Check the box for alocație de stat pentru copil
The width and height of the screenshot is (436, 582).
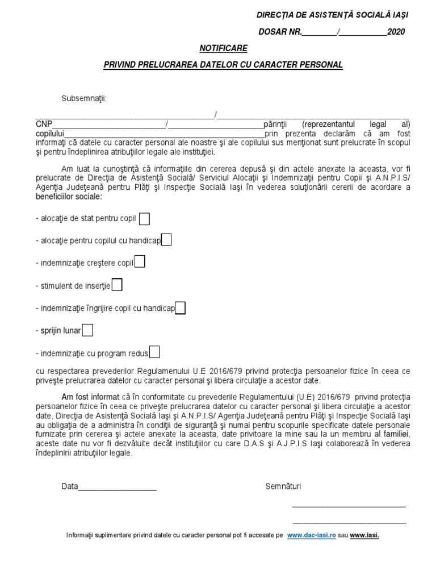[145, 219]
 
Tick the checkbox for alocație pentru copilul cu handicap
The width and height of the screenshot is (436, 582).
[166, 240]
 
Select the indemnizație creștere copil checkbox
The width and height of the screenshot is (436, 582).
[140, 262]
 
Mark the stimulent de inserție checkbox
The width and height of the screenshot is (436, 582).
[117, 285]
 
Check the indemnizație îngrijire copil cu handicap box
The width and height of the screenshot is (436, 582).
[180, 308]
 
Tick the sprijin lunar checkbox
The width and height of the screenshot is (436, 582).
[88, 330]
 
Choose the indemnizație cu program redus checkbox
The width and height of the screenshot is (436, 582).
[154, 352]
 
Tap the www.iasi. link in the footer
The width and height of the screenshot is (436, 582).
[364, 535]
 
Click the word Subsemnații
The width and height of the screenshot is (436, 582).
[84, 99]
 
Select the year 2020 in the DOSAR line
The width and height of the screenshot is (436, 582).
[396, 32]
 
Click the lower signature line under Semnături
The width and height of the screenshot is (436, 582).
[349, 522]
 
